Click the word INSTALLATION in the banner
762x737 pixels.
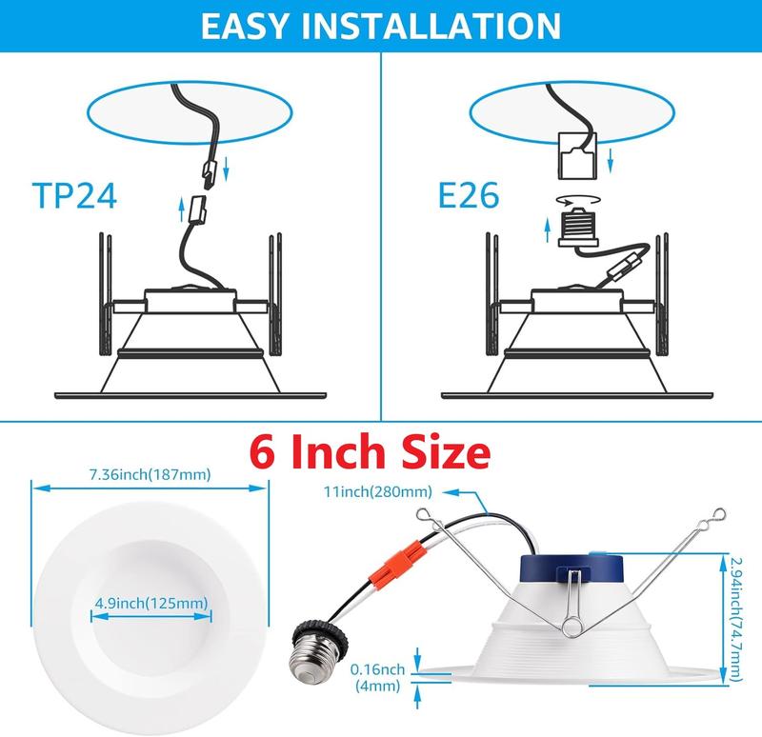pyautogui.click(x=431, y=26)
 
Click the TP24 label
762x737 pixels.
pyautogui.click(x=74, y=195)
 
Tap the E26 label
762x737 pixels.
pyautogui.click(x=469, y=195)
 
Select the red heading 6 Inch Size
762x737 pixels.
pyautogui.click(x=370, y=452)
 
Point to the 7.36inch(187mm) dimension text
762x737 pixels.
pyautogui.click(x=150, y=474)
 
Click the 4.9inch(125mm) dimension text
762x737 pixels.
pyautogui.click(x=151, y=604)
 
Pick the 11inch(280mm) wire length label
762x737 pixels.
pyautogui.click(x=378, y=491)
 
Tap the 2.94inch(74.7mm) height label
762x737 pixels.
pyautogui.click(x=735, y=619)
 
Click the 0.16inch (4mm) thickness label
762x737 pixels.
pyautogui.click(x=377, y=677)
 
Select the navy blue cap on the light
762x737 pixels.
pyautogui.click(x=571, y=568)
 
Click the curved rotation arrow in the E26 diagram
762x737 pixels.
pyautogui.click(x=578, y=200)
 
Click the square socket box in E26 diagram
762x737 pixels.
pyautogui.click(x=577, y=155)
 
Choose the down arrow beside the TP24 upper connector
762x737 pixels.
pyautogui.click(x=226, y=170)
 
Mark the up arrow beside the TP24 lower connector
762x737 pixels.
pyautogui.click(x=182, y=209)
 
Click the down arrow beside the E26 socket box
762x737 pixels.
pyautogui.click(x=611, y=160)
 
